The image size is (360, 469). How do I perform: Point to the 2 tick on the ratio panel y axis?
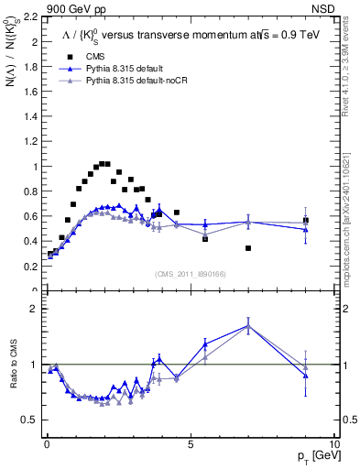(34, 309)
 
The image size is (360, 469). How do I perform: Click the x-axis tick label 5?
(191, 445)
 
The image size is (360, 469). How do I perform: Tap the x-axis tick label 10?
(333, 445)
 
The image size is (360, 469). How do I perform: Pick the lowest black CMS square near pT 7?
(248, 248)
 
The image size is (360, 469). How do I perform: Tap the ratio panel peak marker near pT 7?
(248, 326)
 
